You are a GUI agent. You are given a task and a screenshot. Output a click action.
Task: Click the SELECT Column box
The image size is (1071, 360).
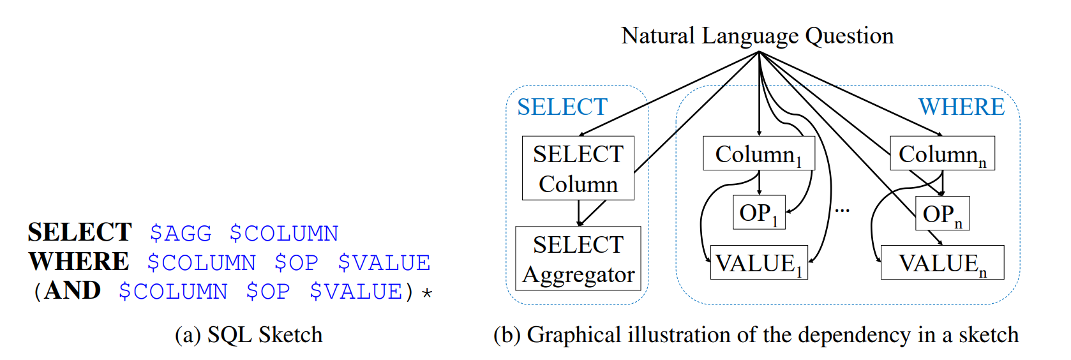point(578,168)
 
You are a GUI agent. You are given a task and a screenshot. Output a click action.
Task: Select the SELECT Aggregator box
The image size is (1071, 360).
point(578,259)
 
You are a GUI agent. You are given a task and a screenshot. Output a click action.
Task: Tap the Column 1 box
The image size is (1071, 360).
point(758,154)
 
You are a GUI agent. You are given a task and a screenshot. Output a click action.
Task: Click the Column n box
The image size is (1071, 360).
point(942,154)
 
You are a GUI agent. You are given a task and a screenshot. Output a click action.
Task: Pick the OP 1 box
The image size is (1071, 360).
point(758,213)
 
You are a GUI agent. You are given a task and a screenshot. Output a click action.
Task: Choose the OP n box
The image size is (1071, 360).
point(942,213)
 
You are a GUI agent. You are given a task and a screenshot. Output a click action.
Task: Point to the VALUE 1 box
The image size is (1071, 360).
point(758,262)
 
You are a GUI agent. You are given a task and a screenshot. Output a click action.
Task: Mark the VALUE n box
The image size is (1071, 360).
point(942,262)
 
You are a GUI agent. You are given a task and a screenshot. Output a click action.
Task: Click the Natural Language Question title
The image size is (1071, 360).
point(758,36)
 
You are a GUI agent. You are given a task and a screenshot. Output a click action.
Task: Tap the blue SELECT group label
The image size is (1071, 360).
point(562,107)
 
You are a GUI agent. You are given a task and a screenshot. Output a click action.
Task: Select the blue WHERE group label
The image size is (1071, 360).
point(961,107)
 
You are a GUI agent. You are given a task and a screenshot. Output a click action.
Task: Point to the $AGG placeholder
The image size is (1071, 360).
point(181,233)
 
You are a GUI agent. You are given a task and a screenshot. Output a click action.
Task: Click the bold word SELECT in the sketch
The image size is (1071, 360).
point(80,232)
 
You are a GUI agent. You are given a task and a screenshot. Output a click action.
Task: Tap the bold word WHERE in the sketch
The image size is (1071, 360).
point(79,262)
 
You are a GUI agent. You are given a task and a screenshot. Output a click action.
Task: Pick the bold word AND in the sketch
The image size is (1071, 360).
point(72,290)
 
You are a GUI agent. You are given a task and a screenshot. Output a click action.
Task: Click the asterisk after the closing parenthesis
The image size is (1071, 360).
point(427,293)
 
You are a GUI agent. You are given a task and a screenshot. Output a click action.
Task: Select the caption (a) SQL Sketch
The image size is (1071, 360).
point(248,334)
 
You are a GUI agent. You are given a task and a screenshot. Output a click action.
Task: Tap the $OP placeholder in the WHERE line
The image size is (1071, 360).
point(296,262)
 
